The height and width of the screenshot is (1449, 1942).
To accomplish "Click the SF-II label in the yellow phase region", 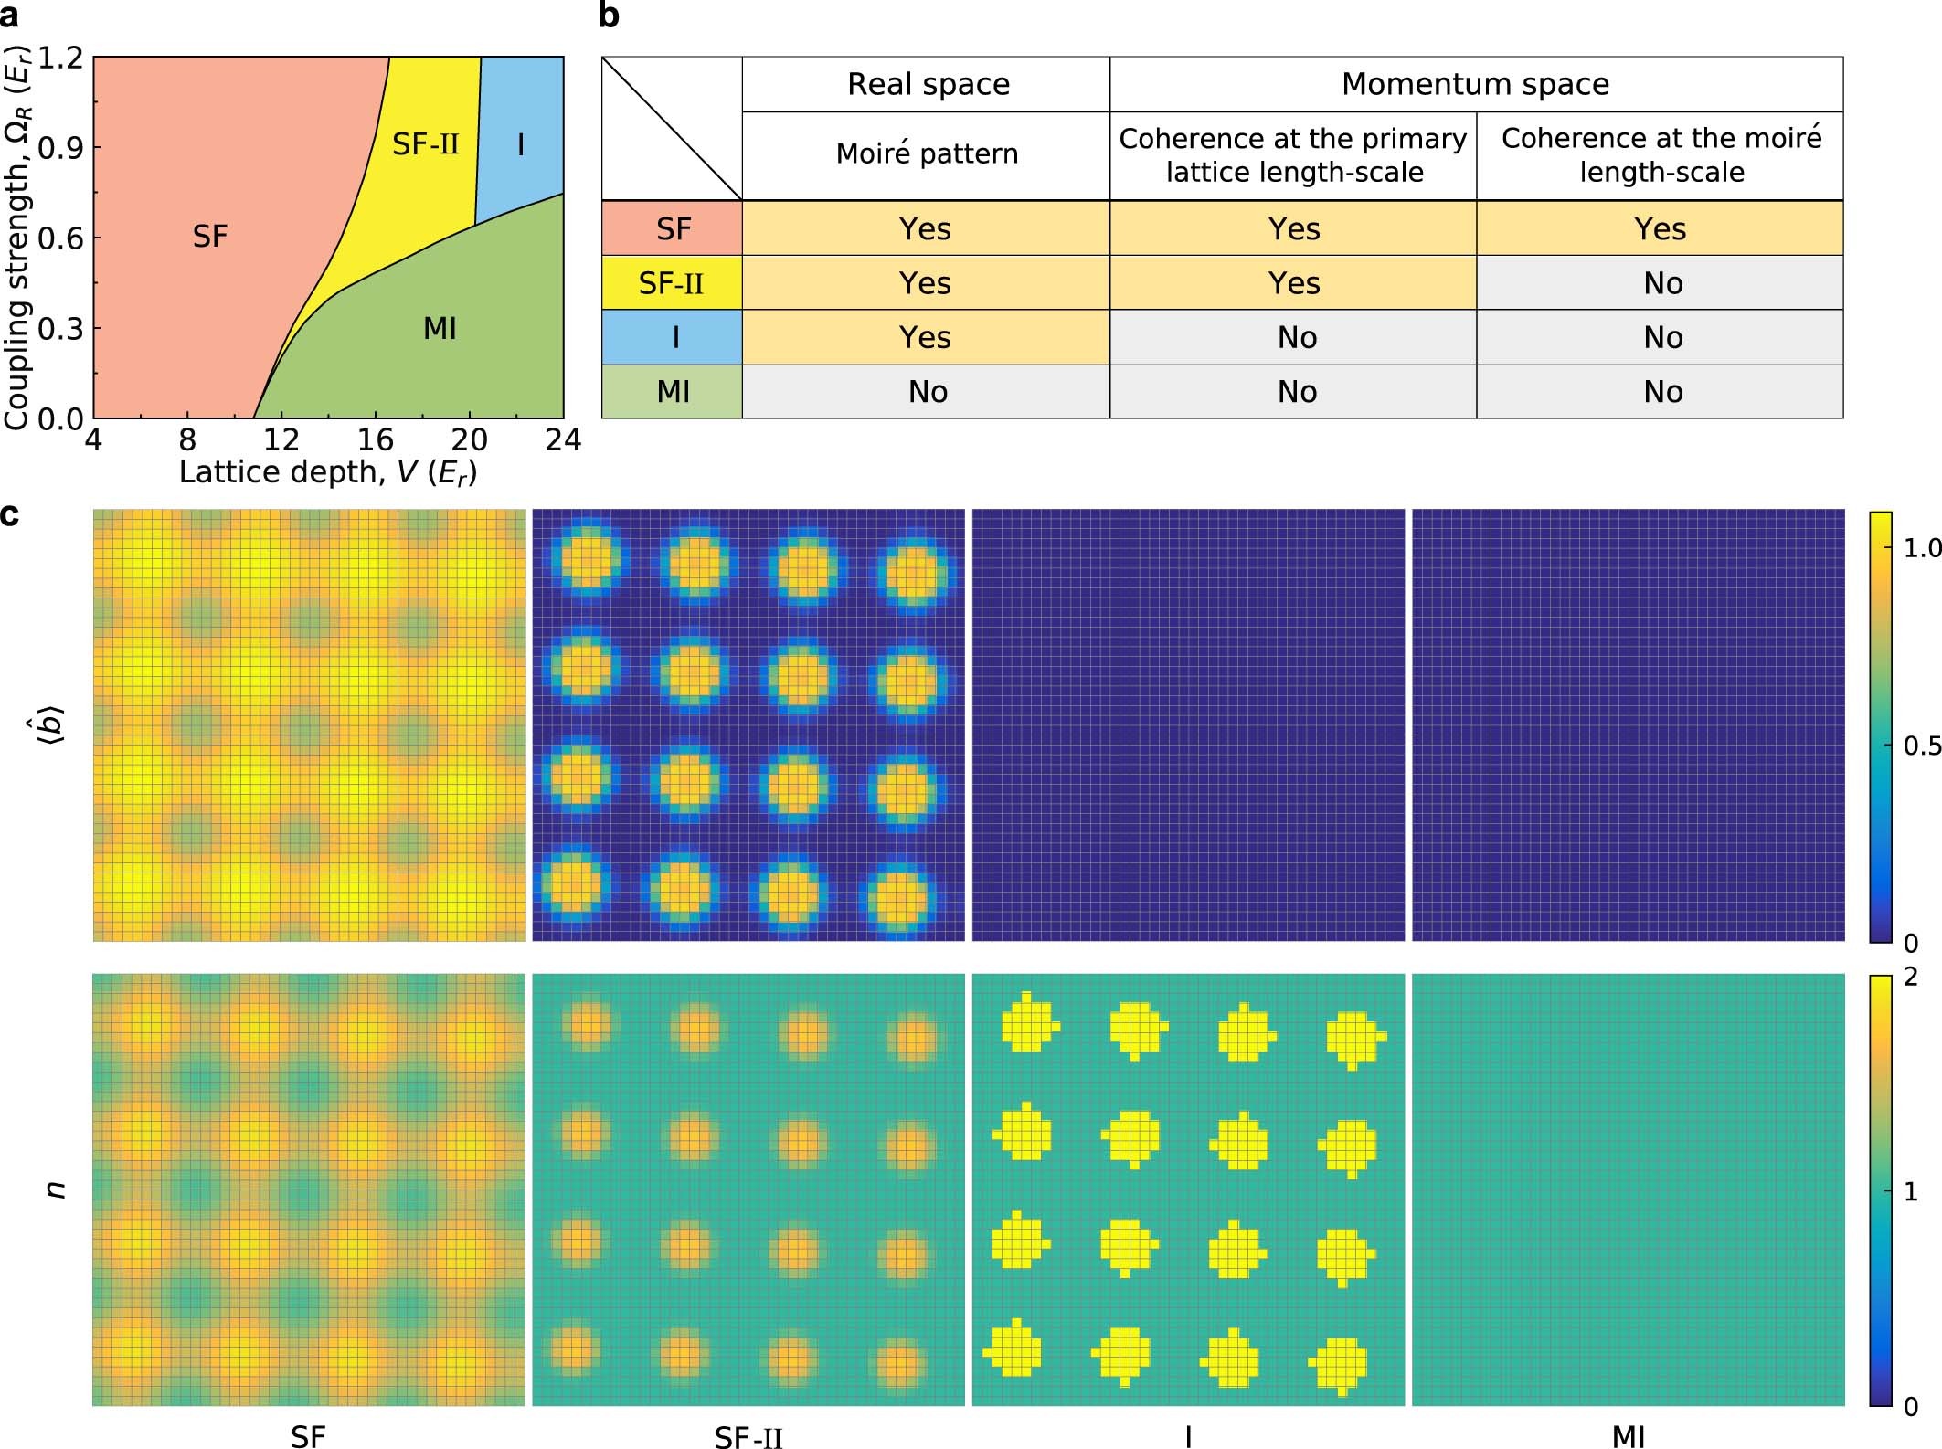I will (425, 144).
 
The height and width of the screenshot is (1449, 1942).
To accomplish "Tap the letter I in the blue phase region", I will (521, 144).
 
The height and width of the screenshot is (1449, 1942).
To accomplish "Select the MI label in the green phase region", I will (440, 328).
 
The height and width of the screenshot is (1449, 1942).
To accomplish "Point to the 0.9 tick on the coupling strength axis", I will (60, 147).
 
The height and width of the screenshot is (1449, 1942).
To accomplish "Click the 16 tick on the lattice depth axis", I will (375, 440).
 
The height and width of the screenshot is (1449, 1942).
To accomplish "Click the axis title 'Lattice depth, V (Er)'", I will (328, 472).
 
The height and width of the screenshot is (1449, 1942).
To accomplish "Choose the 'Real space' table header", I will (928, 84).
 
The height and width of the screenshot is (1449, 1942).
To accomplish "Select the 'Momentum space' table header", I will (1475, 84).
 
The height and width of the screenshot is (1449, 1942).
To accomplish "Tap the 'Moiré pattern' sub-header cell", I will (927, 153).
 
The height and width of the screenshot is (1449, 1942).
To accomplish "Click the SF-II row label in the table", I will (671, 283).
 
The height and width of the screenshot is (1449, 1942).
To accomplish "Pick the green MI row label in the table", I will (673, 392).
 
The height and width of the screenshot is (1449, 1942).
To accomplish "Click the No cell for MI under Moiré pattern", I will (928, 392).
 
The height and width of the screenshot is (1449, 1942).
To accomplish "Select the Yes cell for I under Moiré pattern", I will (925, 337).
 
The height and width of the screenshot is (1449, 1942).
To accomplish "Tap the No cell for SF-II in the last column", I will (1662, 283).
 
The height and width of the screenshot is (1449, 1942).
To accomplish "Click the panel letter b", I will (609, 16).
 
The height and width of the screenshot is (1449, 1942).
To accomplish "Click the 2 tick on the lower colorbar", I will (1911, 977).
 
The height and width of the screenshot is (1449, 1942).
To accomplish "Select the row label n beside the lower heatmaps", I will (57, 1189).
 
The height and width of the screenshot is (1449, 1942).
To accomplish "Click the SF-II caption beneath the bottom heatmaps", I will (748, 1437).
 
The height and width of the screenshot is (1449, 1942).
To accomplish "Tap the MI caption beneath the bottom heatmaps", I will (1629, 1436).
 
